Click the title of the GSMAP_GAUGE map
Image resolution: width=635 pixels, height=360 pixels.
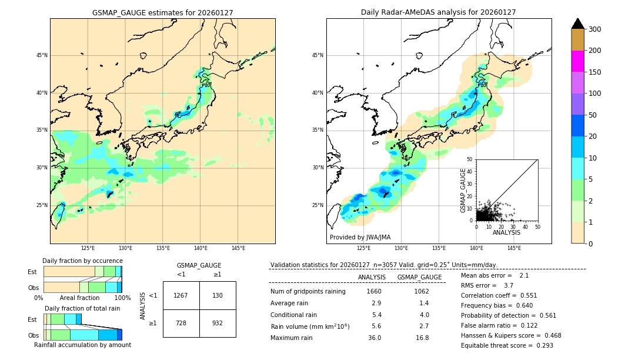162,12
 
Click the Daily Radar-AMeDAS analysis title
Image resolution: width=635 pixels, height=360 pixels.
438,12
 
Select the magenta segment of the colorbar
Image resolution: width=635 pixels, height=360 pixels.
577,61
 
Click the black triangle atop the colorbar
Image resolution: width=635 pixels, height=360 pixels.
577,24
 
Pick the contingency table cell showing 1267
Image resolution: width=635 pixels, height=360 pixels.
181,295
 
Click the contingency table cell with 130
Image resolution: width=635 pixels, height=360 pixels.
218,295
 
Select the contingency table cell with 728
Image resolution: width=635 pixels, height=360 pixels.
181,323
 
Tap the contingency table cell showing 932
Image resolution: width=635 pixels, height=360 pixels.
218,323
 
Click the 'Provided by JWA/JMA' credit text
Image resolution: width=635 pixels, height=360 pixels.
360,238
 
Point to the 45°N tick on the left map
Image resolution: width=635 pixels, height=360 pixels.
42,55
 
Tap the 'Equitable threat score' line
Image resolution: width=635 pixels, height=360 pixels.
507,345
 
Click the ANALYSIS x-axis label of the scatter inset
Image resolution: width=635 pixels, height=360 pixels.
506,232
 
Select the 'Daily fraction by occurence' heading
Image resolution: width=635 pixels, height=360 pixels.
82,261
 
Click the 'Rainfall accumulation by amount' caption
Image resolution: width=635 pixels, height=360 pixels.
82,345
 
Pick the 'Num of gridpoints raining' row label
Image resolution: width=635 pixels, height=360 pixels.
308,292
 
